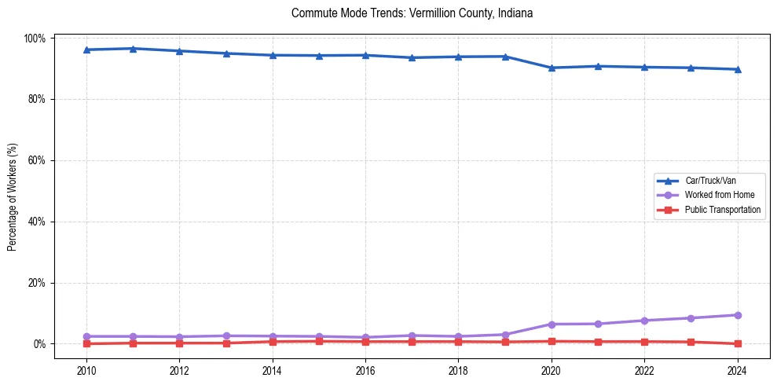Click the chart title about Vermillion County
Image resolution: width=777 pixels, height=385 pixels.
(412, 13)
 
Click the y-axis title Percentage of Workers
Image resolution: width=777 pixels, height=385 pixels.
(12, 191)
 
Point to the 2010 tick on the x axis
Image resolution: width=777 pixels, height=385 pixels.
(86, 371)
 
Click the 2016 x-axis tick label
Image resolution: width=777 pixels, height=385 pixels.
(365, 371)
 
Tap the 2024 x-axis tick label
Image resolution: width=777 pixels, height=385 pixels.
(737, 371)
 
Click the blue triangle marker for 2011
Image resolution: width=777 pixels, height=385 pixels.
(133, 49)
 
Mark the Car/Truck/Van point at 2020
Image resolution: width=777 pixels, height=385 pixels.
(552, 68)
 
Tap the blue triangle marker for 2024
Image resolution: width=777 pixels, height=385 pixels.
(737, 69)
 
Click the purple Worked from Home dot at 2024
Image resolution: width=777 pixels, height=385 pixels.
(737, 315)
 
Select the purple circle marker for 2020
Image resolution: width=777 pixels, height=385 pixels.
(552, 324)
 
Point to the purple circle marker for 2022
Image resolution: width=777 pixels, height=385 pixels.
(644, 321)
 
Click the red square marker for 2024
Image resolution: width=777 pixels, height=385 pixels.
(737, 343)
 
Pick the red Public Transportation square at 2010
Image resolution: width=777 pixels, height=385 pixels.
(86, 343)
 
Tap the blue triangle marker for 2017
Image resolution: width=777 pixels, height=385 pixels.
(412, 57)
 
